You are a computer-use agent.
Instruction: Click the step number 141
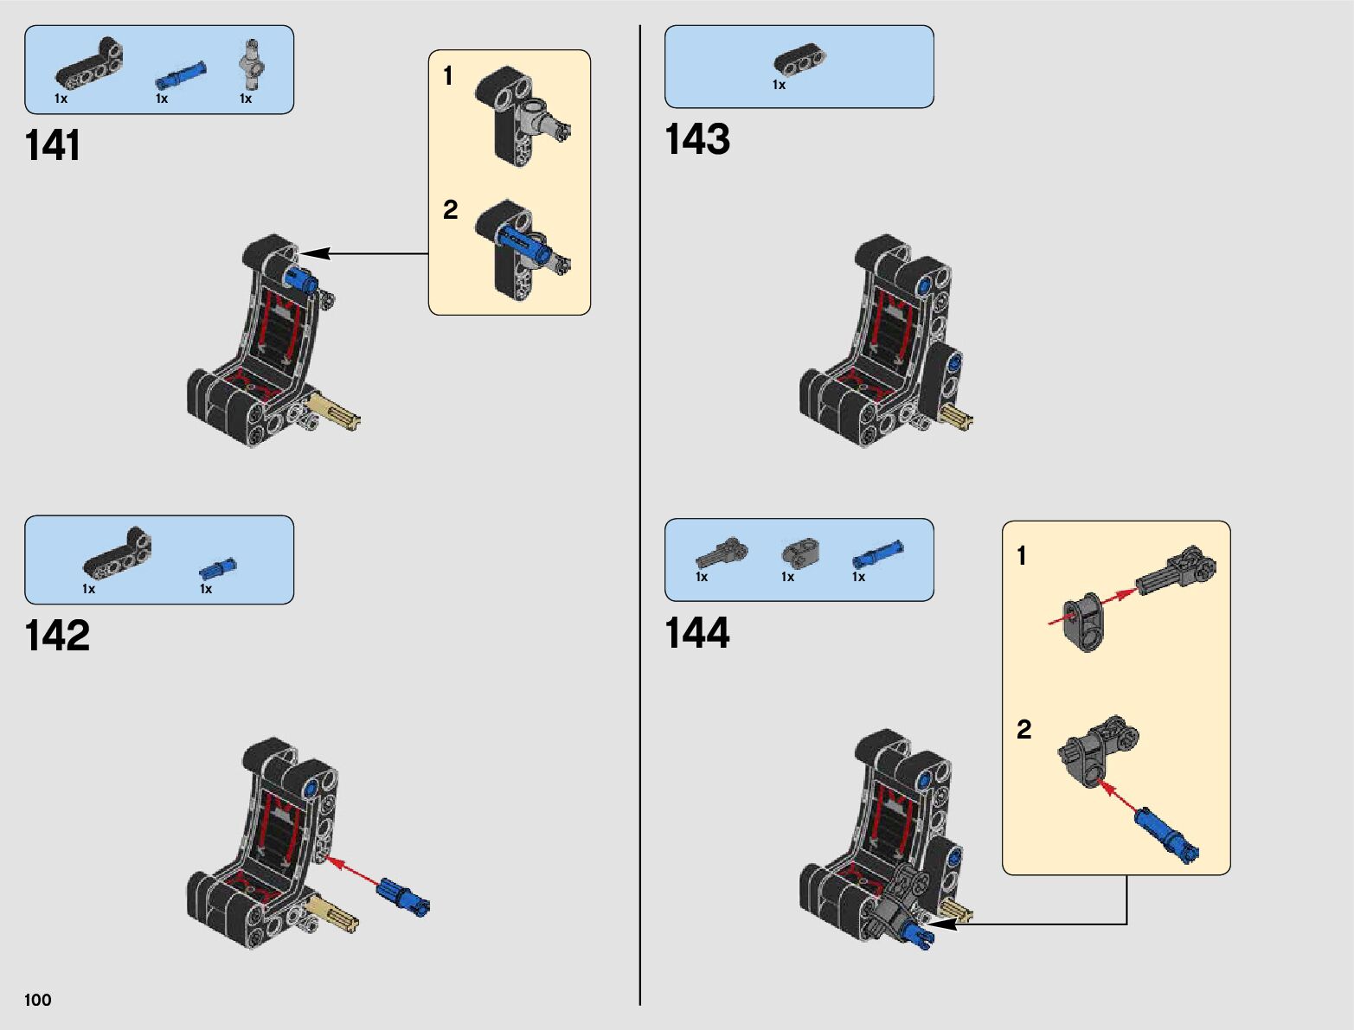53,145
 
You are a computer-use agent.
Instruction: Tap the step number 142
57,636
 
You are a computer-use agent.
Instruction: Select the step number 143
696,139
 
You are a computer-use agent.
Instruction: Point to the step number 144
696,633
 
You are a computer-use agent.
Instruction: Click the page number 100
38,1000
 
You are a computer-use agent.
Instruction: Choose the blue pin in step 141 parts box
181,76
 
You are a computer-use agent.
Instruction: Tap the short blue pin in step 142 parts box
217,568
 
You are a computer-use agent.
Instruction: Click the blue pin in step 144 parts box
878,554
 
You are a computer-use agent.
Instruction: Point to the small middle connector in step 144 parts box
800,553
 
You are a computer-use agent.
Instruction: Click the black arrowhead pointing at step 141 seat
313,253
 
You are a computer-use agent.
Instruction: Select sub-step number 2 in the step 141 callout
450,209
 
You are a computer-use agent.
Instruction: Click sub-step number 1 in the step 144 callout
1022,555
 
